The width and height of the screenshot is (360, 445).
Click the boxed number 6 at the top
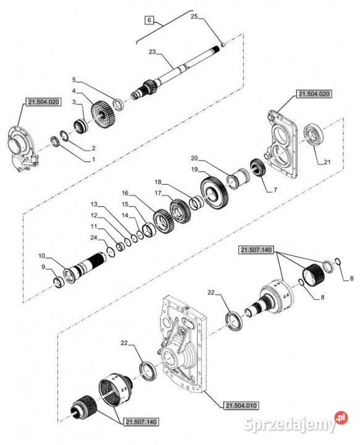pos(149,20)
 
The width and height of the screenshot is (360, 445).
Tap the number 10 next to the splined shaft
pos(42,255)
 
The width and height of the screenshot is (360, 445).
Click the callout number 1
pos(93,159)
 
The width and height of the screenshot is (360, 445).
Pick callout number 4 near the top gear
pos(74,91)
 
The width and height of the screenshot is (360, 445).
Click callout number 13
pos(94,204)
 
